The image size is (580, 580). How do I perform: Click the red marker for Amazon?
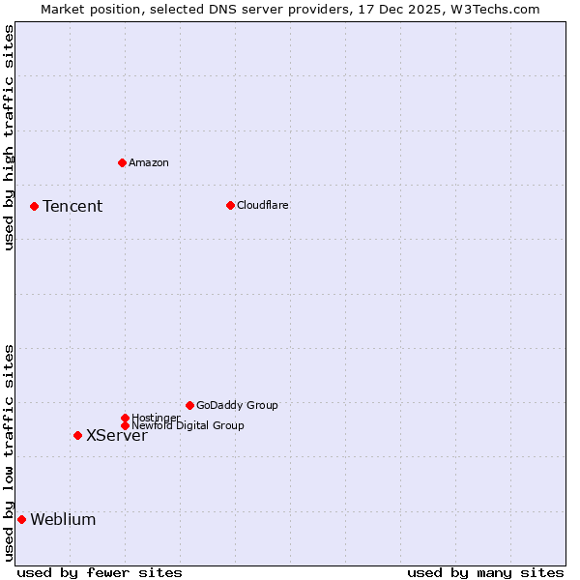[122, 162]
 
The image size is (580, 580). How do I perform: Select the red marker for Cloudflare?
[230, 205]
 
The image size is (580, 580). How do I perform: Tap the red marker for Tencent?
[34, 206]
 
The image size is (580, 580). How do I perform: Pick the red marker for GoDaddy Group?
[189, 405]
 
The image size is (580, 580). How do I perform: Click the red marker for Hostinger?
[125, 418]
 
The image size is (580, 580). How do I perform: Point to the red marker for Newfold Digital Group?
[125, 425]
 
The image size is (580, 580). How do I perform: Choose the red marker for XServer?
[77, 435]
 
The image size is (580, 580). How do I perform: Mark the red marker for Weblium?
[21, 519]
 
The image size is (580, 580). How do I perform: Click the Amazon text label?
[149, 162]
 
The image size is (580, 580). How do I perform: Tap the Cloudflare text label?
[263, 205]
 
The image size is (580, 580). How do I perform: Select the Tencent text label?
[72, 206]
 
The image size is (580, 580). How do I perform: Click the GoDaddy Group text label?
[237, 405]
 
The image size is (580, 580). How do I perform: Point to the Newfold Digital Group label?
[188, 425]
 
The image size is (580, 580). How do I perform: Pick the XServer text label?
[117, 435]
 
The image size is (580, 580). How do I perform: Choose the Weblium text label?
[63, 519]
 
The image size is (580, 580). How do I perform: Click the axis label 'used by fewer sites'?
[100, 572]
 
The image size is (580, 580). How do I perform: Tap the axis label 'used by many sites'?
[485, 572]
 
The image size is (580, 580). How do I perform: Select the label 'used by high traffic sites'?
[9, 137]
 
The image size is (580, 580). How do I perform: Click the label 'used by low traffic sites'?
[9, 452]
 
